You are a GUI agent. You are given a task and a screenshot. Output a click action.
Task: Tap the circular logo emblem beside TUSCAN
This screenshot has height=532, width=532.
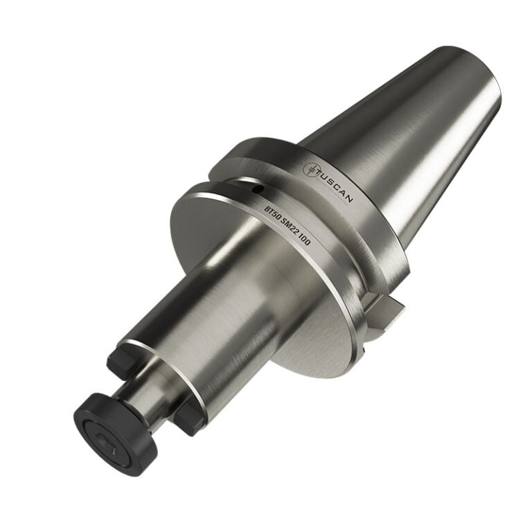tap(312, 168)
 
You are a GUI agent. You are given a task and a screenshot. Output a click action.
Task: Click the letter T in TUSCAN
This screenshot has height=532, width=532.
tap(322, 175)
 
